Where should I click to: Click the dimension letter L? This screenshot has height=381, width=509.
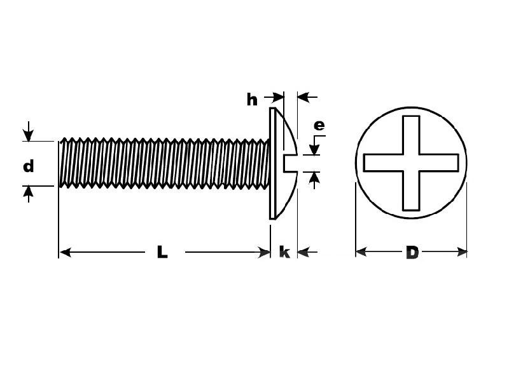click(162, 251)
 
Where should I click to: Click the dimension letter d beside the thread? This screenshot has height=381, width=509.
click(29, 166)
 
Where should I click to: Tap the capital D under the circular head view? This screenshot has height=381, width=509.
click(412, 252)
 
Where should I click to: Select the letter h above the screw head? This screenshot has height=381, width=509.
click(252, 100)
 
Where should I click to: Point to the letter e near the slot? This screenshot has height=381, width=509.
click(319, 125)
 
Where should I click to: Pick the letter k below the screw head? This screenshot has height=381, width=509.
click(284, 251)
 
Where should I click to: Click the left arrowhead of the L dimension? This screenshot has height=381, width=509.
click(66, 252)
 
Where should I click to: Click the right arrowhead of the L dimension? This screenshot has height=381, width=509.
click(264, 252)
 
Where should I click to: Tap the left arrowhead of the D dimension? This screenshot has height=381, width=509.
click(361, 251)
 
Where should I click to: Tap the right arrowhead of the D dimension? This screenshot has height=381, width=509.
click(462, 251)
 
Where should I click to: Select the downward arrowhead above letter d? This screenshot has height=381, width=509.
click(28, 135)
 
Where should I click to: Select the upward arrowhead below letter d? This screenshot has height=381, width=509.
click(28, 192)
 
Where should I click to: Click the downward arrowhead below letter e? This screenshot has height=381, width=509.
click(314, 150)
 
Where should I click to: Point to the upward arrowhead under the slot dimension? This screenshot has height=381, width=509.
click(314, 178)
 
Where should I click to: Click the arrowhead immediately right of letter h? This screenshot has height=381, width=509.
click(278, 97)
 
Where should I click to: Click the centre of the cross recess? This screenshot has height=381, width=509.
click(411, 163)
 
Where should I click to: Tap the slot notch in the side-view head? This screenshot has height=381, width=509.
click(291, 163)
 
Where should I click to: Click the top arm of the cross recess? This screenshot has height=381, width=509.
click(411, 135)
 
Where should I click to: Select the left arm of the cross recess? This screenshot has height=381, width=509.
click(383, 163)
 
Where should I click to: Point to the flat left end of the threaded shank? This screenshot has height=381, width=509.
click(59, 164)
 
